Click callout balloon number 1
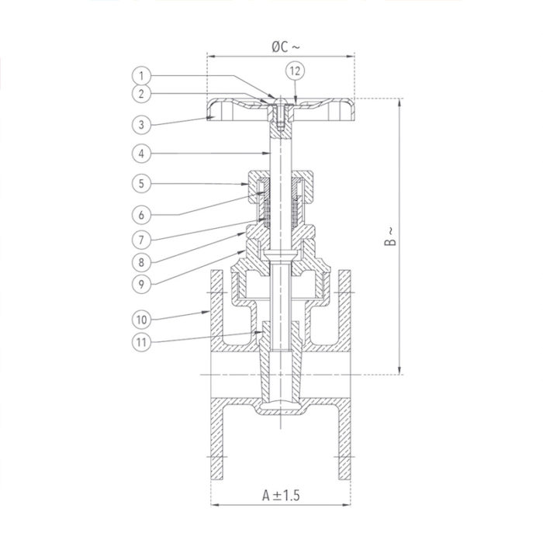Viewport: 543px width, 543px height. tap(140, 75)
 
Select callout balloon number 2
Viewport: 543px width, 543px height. tap(140, 95)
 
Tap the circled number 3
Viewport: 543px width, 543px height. tap(140, 124)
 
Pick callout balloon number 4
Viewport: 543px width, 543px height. tap(140, 154)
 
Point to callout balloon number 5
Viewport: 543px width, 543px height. tap(140, 184)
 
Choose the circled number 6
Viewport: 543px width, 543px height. tap(140, 214)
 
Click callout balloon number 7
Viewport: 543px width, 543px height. tap(140, 238)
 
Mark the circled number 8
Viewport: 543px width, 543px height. tap(140, 261)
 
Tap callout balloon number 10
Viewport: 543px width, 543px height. tap(140, 318)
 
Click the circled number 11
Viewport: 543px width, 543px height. tap(140, 342)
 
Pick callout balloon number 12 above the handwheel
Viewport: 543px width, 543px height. tap(296, 70)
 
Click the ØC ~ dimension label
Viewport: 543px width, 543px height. tap(284, 47)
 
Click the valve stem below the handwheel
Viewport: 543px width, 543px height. tap(277, 151)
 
